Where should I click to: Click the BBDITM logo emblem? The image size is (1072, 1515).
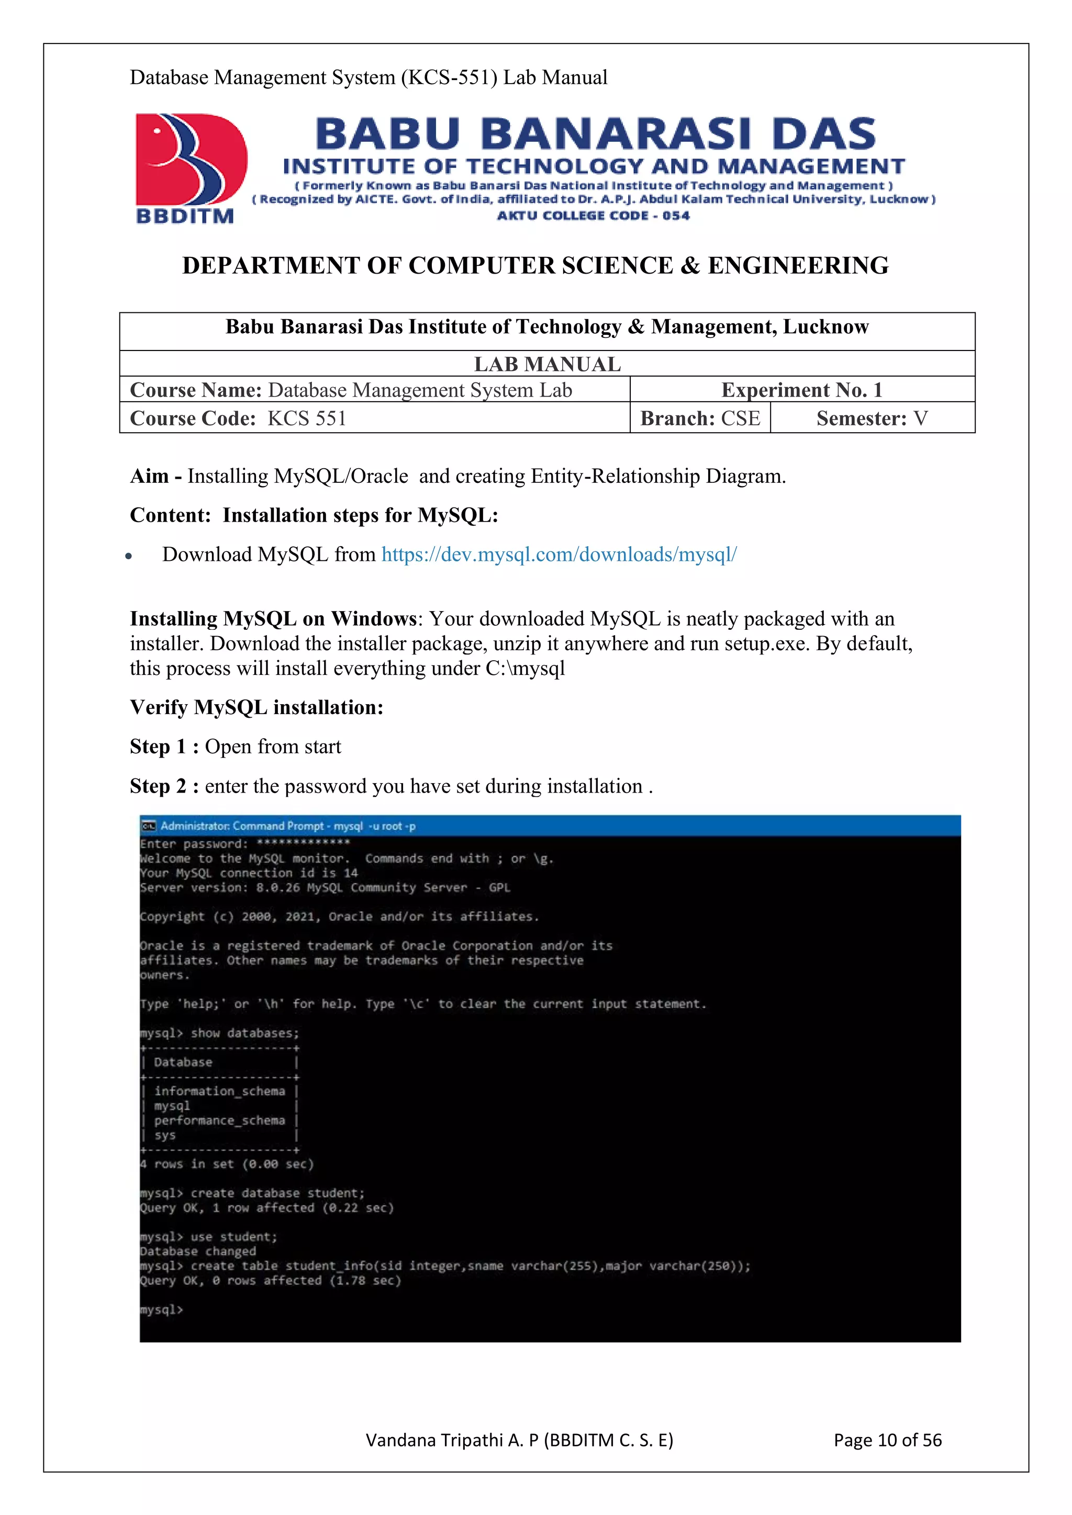pos(190,161)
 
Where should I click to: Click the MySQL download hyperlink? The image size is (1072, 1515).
pos(559,555)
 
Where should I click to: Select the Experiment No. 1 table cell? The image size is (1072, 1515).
pos(801,390)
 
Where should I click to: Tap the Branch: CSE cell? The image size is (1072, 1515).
pos(700,419)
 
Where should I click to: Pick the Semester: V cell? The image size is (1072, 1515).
pos(872,419)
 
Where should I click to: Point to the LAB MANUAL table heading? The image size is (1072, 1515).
pos(546,364)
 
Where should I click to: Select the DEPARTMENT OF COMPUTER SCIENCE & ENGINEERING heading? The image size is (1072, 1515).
pos(535,265)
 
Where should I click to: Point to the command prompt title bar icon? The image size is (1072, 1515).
pos(149,826)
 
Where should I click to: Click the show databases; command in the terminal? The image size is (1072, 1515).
pos(244,1033)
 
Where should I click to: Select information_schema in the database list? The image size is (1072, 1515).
pos(219,1091)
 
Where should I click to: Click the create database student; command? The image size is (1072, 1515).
pos(277,1193)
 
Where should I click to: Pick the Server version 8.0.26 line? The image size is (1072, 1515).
pos(325,887)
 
